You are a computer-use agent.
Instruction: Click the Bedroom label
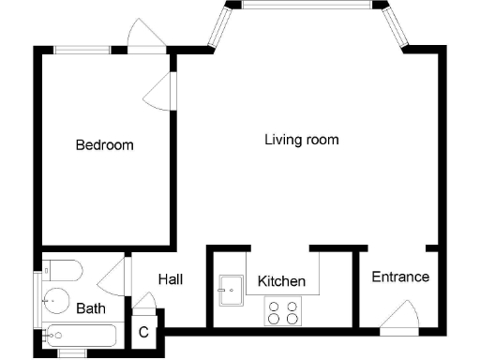tap(104, 145)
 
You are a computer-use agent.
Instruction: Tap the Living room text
tap(301, 140)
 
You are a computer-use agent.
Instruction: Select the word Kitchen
tap(281, 281)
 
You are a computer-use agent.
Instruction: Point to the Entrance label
tap(400, 277)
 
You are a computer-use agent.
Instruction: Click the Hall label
tap(170, 279)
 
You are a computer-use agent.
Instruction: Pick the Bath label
tap(91, 308)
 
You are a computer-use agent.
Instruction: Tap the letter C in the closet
tap(143, 332)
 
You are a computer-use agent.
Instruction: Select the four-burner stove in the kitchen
tap(282, 311)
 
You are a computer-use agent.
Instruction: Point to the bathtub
tap(79, 335)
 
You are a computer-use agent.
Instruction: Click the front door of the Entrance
tap(400, 316)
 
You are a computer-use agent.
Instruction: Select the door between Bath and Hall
tap(114, 277)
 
